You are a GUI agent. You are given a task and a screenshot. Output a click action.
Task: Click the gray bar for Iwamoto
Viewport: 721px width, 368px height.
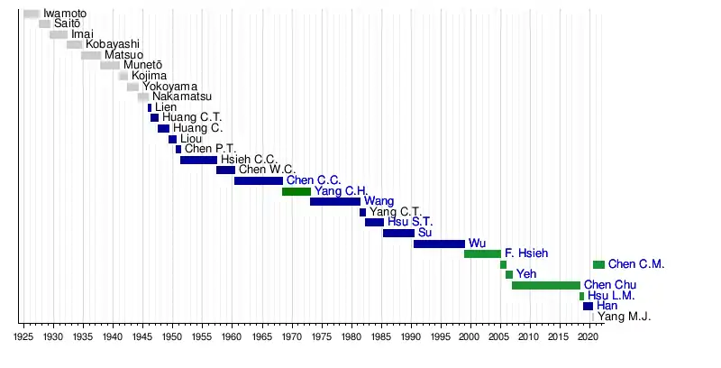[x=32, y=14]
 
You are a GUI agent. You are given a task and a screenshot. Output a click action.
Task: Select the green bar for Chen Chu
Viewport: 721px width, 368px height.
[x=546, y=286]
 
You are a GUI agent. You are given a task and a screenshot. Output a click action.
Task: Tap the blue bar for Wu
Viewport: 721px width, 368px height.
[x=439, y=244]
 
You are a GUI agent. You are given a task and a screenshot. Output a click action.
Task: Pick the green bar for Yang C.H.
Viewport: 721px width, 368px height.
[x=297, y=191]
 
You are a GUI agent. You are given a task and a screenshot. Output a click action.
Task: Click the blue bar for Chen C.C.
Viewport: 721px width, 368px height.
[x=259, y=180]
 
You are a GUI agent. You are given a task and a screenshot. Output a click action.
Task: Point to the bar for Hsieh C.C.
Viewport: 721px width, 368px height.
[x=198, y=160]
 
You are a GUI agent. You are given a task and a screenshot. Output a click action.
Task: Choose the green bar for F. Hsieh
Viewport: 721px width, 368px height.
[x=482, y=254]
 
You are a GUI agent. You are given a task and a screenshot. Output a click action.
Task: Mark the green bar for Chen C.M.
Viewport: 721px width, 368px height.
[x=598, y=264]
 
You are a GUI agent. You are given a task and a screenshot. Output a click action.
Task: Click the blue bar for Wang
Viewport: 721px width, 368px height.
[x=334, y=201]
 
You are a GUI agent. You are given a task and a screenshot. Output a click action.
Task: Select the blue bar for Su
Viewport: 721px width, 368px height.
[x=398, y=233]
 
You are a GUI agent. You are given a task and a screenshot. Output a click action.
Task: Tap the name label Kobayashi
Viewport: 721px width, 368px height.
[x=113, y=44]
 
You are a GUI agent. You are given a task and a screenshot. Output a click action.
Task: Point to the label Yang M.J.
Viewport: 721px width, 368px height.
[x=625, y=317]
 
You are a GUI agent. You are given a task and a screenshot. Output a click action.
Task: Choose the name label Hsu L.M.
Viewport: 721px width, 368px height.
[x=611, y=296]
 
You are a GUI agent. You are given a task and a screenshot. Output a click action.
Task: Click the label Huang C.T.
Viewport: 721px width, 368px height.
[x=192, y=117]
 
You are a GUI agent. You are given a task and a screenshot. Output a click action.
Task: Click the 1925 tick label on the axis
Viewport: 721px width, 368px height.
[x=24, y=336]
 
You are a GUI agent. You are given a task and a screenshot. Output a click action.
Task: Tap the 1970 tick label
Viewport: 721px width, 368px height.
[x=291, y=336]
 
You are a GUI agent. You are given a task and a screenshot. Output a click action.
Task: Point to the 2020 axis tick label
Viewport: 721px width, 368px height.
[x=588, y=336]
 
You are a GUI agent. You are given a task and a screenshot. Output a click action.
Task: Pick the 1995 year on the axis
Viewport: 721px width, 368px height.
[x=439, y=336]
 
